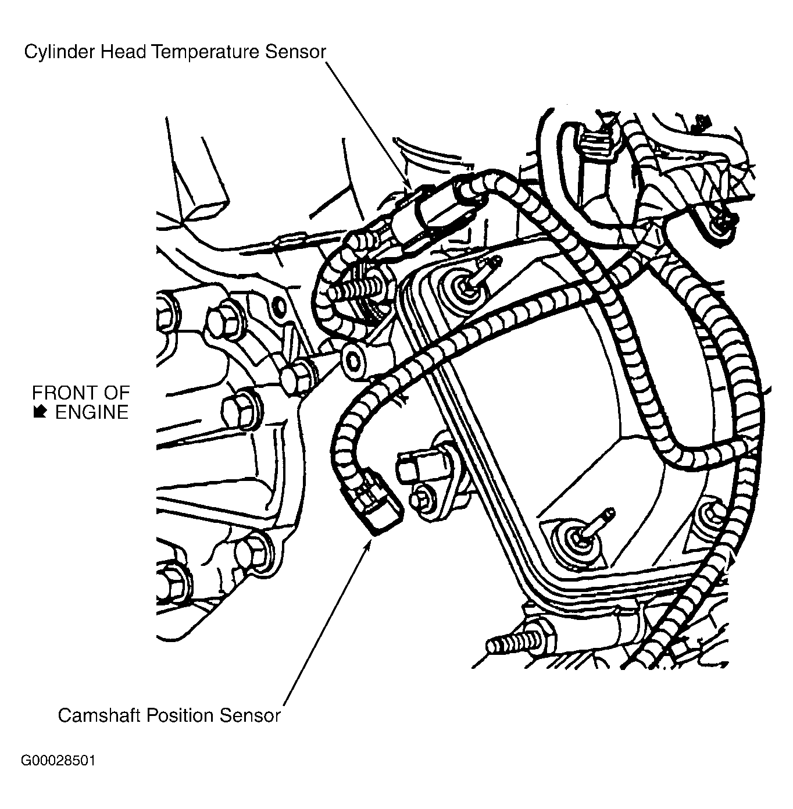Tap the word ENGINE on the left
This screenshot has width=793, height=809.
91,412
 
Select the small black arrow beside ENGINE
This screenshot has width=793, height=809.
40,412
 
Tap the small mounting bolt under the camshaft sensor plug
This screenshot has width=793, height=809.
421,498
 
